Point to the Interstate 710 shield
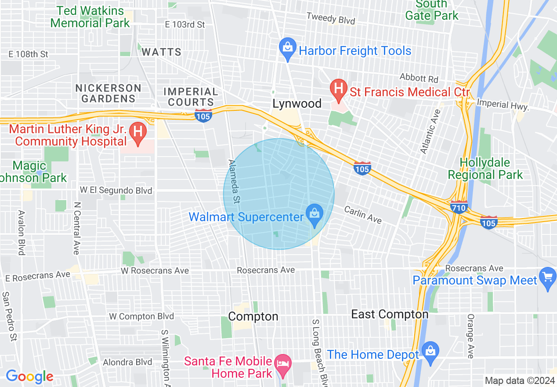(x=459, y=207)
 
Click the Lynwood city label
(x=297, y=104)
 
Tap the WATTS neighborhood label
(x=161, y=52)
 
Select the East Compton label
(x=390, y=314)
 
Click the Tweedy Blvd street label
(x=330, y=19)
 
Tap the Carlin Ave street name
(x=363, y=214)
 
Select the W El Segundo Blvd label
(x=116, y=190)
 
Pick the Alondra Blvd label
(x=127, y=362)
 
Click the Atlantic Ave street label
(x=430, y=131)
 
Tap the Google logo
(x=29, y=377)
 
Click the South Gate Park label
(x=431, y=11)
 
